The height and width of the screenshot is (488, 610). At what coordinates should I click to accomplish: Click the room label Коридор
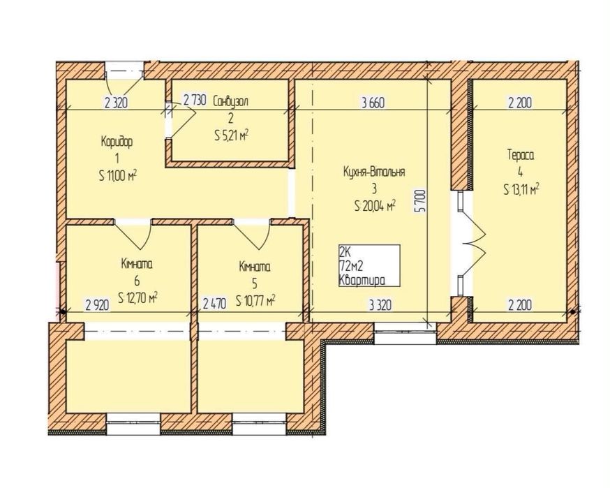[x=117, y=141]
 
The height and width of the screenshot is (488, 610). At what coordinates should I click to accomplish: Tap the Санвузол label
[x=231, y=101]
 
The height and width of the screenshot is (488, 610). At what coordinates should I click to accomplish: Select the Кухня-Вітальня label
[x=374, y=172]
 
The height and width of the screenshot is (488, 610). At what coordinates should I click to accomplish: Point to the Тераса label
[x=521, y=155]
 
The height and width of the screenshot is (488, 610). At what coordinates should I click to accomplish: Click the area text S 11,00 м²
[x=118, y=176]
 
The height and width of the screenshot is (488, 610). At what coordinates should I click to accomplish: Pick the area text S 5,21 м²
[x=231, y=136]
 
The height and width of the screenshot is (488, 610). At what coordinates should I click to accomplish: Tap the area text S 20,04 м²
[x=375, y=205]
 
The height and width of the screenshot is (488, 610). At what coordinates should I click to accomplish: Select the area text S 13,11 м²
[x=521, y=190]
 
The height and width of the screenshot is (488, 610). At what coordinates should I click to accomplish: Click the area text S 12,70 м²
[x=137, y=298]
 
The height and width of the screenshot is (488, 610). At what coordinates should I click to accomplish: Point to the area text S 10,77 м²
[x=255, y=300]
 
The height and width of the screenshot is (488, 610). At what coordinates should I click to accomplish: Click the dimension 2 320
[x=116, y=103]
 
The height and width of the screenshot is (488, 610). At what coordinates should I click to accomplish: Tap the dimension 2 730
[x=194, y=101]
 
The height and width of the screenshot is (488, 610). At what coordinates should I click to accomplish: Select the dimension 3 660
[x=373, y=103]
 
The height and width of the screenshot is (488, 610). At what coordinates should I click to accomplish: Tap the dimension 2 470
[x=214, y=304]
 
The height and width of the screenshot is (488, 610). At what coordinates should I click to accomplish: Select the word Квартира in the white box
[x=362, y=280]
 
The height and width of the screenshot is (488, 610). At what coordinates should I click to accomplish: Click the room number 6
[x=137, y=281]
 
